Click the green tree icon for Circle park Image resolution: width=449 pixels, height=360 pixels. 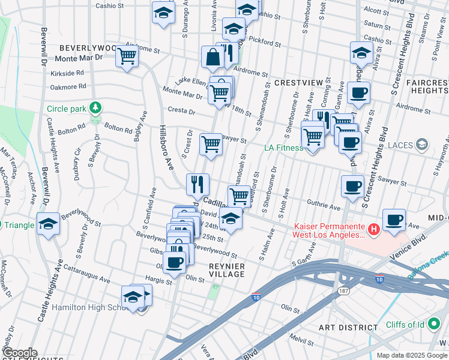(x=94, y=108)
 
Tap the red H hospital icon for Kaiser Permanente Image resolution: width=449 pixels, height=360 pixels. (x=373, y=229)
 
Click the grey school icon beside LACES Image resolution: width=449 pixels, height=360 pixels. (x=422, y=144)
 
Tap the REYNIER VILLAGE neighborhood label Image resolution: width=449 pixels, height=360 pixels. (x=227, y=269)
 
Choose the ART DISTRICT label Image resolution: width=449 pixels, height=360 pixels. (x=348, y=327)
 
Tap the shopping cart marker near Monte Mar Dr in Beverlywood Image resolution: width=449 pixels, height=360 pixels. (x=127, y=57)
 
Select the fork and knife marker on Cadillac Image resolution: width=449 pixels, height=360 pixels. (x=197, y=184)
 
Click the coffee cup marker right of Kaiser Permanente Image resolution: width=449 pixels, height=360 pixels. (x=394, y=220)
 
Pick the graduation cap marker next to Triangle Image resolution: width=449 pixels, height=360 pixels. (x=48, y=224)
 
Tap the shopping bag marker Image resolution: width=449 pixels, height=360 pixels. (x=212, y=58)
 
